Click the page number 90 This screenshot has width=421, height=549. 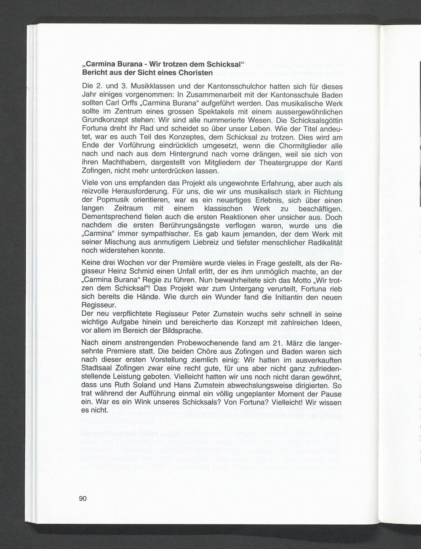click(83, 498)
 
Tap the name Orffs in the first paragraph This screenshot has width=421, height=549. click(127, 104)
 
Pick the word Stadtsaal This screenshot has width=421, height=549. click(97, 369)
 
